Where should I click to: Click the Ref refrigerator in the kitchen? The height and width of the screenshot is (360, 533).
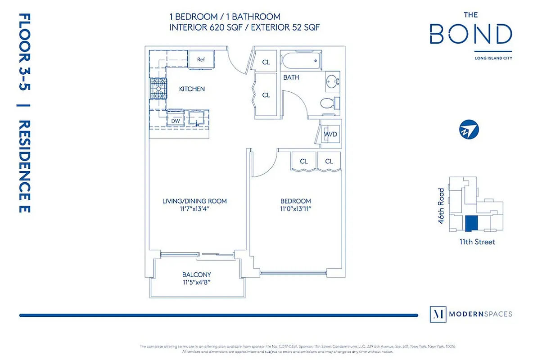(201, 60)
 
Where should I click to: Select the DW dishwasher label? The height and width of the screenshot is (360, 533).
(175, 121)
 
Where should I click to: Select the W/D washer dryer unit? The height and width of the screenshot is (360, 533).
(330, 134)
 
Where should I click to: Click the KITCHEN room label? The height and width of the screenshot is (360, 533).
(192, 89)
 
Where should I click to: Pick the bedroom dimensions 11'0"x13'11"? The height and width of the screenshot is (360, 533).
(295, 208)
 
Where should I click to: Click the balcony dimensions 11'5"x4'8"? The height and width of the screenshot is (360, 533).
(197, 282)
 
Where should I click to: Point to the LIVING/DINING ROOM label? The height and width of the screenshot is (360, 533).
(194, 201)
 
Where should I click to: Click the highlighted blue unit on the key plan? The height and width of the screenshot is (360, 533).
(470, 223)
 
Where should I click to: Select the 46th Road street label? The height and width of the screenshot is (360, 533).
(442, 206)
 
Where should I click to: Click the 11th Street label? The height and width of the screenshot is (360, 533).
(477, 242)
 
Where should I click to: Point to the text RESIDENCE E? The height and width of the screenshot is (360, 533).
(25, 166)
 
